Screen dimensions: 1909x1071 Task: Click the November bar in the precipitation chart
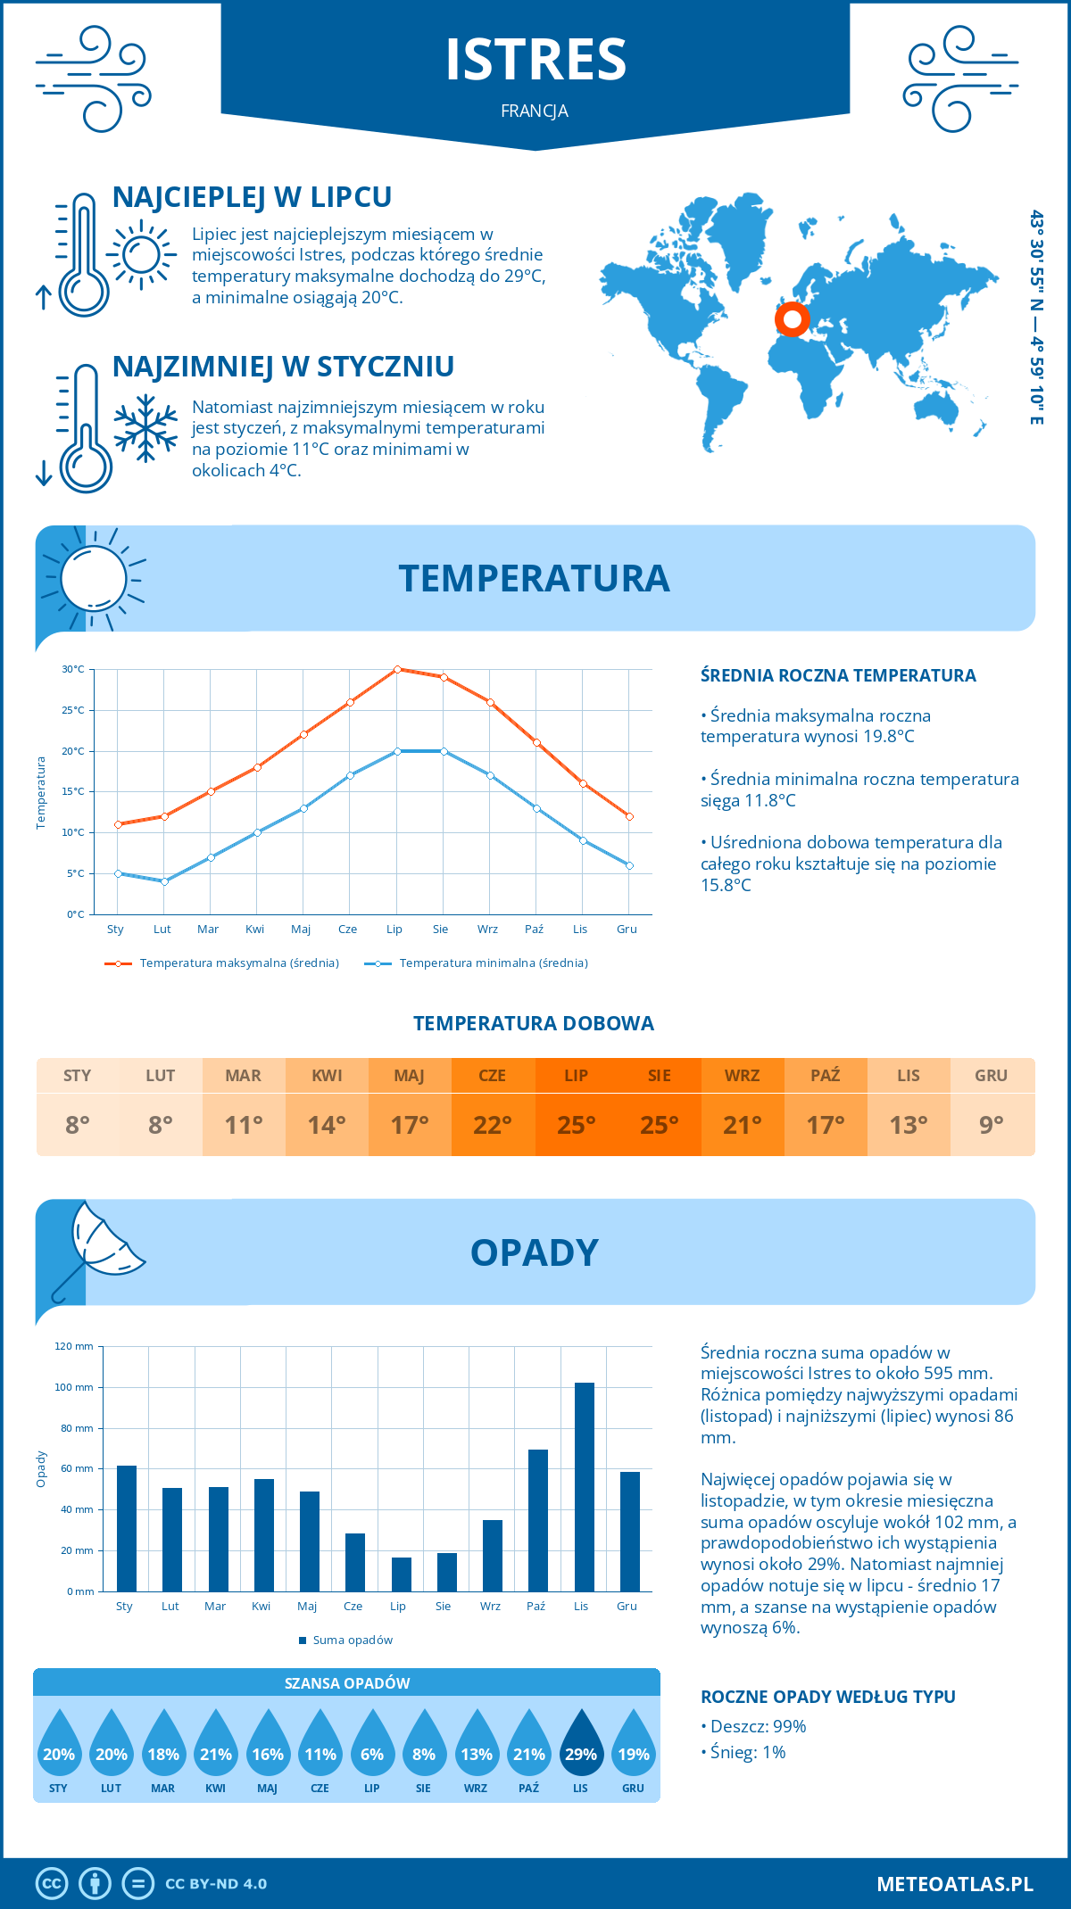[584, 1486]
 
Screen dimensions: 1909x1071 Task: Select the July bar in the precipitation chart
[402, 1574]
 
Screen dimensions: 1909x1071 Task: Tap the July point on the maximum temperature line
[397, 669]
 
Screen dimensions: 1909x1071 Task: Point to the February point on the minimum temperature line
[164, 881]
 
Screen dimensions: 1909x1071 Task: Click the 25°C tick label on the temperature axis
[73, 710]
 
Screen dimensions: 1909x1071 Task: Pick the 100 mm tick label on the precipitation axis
[74, 1387]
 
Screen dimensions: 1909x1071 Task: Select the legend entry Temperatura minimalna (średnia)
[477, 963]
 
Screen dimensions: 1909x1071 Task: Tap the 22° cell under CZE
[493, 1125]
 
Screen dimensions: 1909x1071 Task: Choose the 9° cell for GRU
[992, 1125]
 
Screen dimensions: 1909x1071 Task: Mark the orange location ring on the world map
[792, 318]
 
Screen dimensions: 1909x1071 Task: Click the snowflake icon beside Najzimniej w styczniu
[145, 428]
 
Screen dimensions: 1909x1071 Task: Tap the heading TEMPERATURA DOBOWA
[534, 1023]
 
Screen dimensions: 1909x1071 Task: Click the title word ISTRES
[535, 59]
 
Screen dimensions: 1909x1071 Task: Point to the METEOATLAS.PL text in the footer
[955, 1884]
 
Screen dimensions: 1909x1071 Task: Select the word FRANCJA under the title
[535, 111]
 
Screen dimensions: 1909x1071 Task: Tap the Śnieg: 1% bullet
[743, 1752]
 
